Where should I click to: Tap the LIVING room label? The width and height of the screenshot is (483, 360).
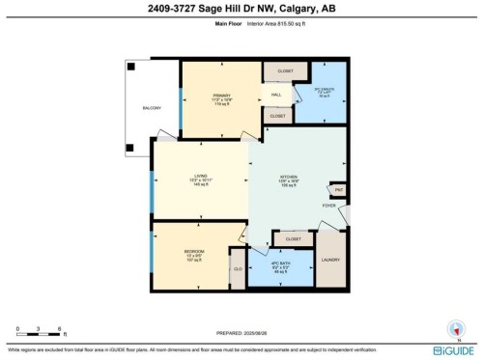[x=200, y=178]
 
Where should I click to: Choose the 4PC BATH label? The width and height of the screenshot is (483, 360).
[x=282, y=265]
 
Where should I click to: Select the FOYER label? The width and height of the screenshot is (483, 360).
[x=328, y=205]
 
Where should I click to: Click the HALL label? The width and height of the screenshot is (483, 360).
[x=276, y=95]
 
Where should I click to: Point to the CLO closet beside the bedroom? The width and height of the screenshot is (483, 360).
[x=237, y=269]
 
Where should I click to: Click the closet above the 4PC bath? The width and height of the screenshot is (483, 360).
[x=294, y=237]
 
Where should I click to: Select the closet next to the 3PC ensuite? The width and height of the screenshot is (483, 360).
[x=286, y=71]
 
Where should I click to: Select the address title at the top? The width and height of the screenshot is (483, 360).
[x=241, y=9]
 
